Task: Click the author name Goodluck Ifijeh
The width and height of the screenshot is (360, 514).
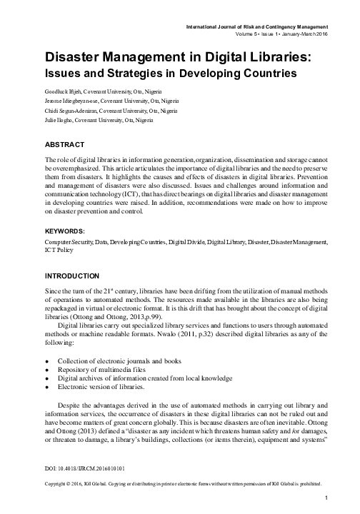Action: [61, 93]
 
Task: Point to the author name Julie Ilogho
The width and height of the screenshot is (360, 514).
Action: [59, 122]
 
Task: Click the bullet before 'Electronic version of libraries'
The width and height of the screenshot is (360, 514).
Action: [46, 388]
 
